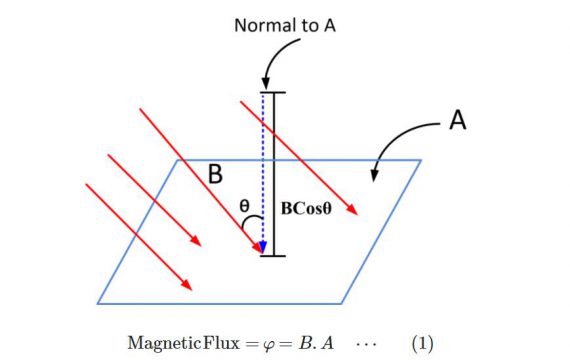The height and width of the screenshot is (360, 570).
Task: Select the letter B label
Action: click(215, 175)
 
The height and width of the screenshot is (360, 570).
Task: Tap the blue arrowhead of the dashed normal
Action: click(262, 247)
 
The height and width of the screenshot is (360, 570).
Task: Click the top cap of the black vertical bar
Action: click(272, 93)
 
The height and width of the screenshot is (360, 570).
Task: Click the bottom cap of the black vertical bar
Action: click(272, 256)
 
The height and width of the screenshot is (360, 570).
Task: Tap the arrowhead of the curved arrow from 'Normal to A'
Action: click(263, 84)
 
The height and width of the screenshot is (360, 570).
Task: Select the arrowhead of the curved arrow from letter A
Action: click(375, 176)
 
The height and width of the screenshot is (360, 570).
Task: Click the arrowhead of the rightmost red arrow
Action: click(353, 210)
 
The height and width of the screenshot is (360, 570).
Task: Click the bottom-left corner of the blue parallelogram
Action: click(98, 302)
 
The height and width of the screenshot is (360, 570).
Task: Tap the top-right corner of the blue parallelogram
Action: click(421, 160)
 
